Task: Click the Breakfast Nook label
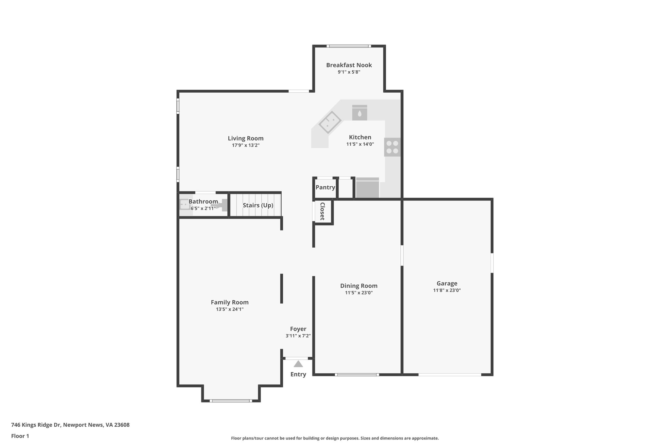349,65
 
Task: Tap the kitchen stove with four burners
392,147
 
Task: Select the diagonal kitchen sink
330,122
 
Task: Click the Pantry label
325,187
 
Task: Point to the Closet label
322,211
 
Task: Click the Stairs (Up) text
258,205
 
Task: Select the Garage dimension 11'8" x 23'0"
447,290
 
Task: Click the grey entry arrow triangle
298,364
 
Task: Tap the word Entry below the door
298,374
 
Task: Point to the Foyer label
298,329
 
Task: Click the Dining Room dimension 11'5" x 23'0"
359,293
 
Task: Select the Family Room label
230,302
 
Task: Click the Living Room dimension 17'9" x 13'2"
246,145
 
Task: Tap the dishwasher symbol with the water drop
360,113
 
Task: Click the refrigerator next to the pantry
367,188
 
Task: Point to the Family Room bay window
231,400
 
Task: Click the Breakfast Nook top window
349,46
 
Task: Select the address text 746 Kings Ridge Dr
70,425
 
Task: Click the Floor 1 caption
20,436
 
